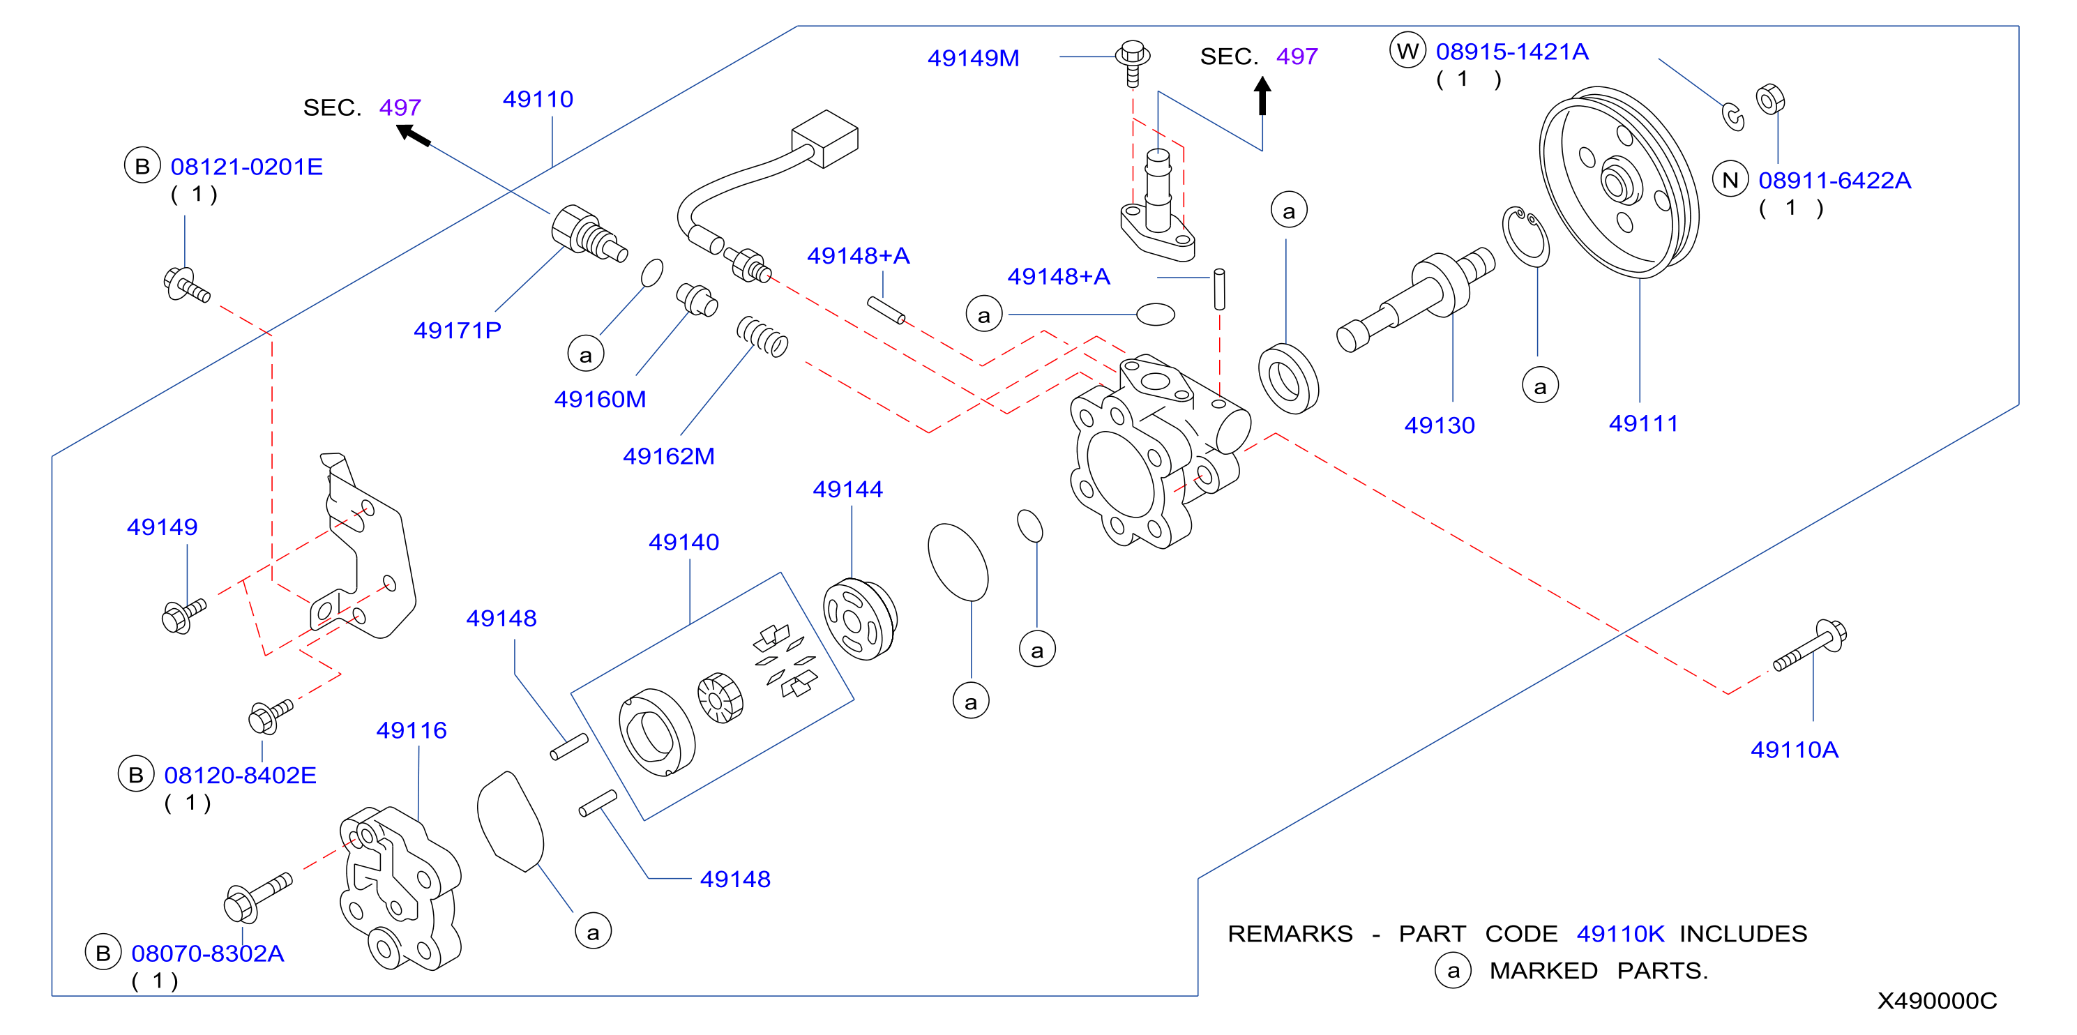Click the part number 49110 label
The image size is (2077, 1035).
pos(538,99)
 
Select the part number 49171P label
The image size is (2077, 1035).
pos(457,331)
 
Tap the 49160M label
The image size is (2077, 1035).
pos(600,399)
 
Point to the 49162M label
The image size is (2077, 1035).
pos(668,456)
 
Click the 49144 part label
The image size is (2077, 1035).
pos(847,490)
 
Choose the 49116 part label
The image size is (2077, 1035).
pos(411,730)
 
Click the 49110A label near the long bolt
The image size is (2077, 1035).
pos(1794,750)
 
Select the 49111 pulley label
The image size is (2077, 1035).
pos(1643,423)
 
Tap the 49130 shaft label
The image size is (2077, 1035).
pos(1440,425)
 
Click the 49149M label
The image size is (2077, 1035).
pos(973,58)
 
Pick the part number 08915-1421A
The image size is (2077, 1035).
pos(1512,52)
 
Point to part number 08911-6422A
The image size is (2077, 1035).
pos(1834,181)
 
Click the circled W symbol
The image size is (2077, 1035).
pos(1407,51)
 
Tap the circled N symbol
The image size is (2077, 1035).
pos(1730,180)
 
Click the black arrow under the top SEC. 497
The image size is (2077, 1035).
pos(1262,96)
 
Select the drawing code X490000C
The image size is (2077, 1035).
pos(1937,1000)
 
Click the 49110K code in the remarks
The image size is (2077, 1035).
pos(1620,933)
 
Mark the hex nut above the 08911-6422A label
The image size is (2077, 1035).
pos(1770,99)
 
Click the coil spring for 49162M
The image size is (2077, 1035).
pos(762,336)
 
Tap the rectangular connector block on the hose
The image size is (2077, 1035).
pos(825,139)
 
